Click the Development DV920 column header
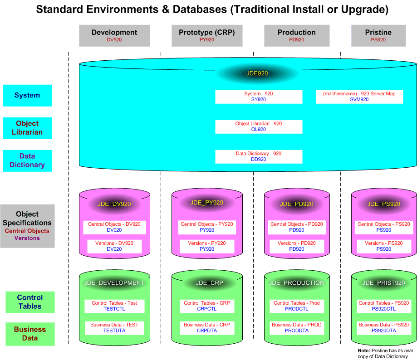pyautogui.click(x=114, y=35)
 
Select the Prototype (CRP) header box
pyautogui.click(x=207, y=35)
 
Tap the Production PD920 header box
pyautogui.click(x=297, y=35)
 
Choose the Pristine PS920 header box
pyautogui.click(x=378, y=35)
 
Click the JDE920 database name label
pyautogui.click(x=257, y=73)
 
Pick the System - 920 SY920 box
pyautogui.click(x=259, y=97)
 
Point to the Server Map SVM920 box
pyautogui.click(x=359, y=97)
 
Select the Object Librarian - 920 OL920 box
pyautogui.click(x=259, y=126)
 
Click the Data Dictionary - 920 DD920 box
pyautogui.click(x=259, y=156)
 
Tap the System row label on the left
pyautogui.click(x=27, y=96)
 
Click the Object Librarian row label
pyautogui.click(x=27, y=128)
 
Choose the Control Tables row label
pyautogui.click(x=30, y=302)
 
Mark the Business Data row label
pyautogui.click(x=30, y=334)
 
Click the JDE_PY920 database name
pyautogui.click(x=207, y=203)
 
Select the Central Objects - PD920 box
pyautogui.click(x=297, y=227)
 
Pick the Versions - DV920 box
pyautogui.click(x=114, y=246)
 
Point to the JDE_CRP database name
pyautogui.click(x=210, y=283)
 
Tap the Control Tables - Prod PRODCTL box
pyautogui.click(x=297, y=306)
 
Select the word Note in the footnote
pyautogui.click(x=363, y=350)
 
